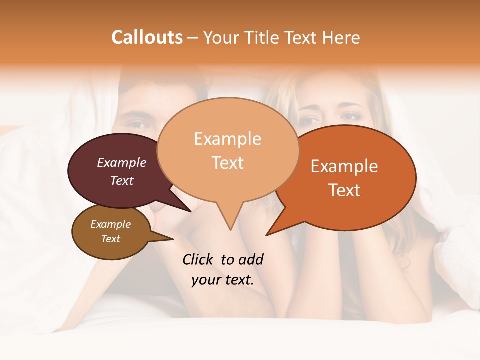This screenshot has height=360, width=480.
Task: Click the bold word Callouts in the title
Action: [147, 37]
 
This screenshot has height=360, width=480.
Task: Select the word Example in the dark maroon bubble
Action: [122, 162]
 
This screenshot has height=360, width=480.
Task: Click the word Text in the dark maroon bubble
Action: [122, 180]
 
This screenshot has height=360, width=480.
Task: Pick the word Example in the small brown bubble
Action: [110, 224]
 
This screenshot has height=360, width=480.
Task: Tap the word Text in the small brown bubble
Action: [110, 239]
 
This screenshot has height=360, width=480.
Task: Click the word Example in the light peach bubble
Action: [227, 139]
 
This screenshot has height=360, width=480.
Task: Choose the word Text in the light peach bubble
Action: [227, 163]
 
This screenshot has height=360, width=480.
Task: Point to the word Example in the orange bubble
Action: [344, 166]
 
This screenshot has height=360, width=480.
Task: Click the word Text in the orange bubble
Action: [344, 190]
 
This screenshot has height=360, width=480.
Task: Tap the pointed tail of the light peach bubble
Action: [230, 225]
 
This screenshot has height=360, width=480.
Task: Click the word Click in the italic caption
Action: [199, 259]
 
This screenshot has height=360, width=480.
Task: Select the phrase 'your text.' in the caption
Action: [223, 280]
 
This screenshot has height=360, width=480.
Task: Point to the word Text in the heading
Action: [300, 37]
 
